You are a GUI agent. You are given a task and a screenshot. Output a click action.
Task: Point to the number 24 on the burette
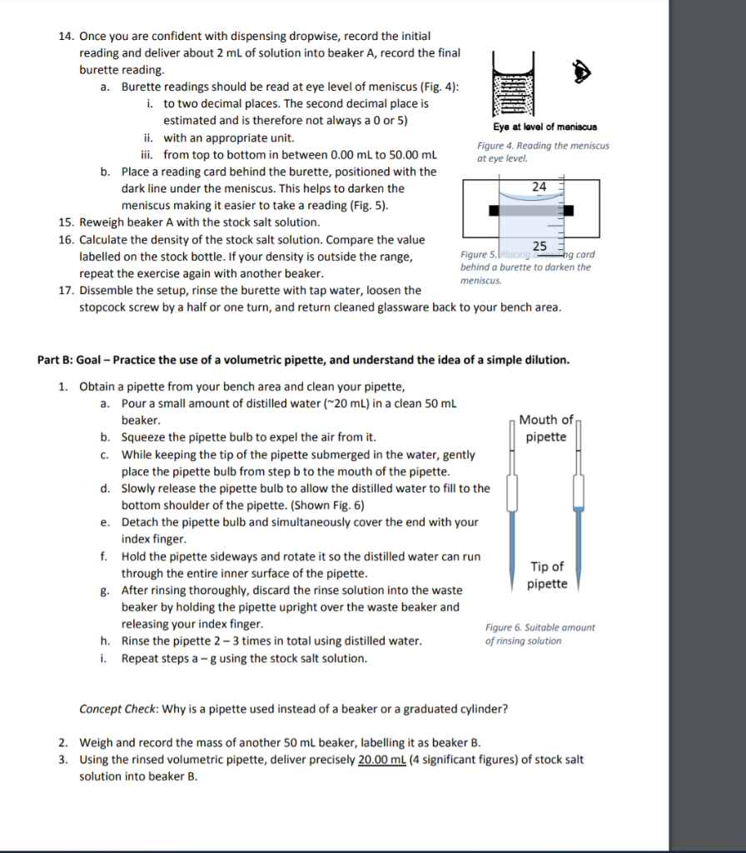(539, 187)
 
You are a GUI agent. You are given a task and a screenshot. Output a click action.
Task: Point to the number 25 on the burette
(539, 247)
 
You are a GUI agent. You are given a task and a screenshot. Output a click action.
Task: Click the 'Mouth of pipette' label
(546, 428)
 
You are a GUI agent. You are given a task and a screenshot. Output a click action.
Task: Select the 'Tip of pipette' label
(548, 575)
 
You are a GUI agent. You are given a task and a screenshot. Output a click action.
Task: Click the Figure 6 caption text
(540, 634)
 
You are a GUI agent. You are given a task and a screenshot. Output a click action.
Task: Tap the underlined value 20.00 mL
(381, 760)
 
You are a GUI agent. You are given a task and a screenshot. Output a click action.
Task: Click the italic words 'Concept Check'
(117, 709)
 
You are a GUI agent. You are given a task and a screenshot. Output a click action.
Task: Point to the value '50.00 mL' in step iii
(411, 154)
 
